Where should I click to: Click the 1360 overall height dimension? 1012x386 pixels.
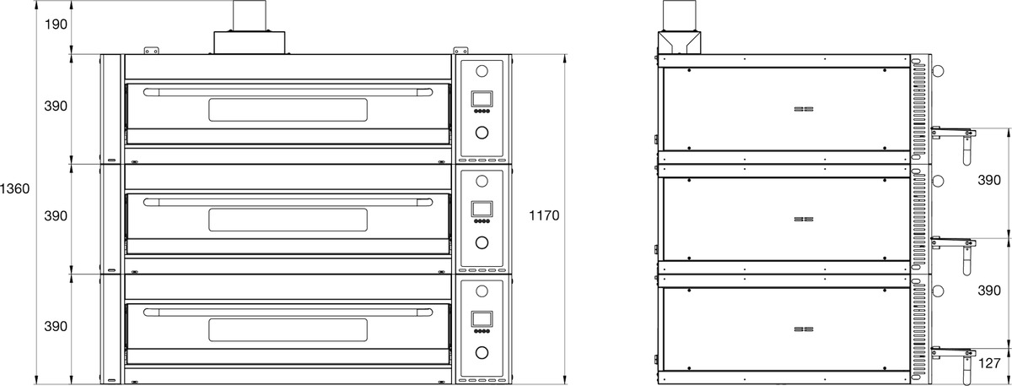pos(14,188)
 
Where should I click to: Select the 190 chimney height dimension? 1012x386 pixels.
pos(56,24)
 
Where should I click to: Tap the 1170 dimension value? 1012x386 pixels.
pos(544,215)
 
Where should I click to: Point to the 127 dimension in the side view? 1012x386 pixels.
pos(989,363)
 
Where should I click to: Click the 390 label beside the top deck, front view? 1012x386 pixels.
pos(56,106)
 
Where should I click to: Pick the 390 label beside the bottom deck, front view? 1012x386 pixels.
pos(56,326)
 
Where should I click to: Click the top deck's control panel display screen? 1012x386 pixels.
pos(482,99)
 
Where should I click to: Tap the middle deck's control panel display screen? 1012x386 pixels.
pos(482,209)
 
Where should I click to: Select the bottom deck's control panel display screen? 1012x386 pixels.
pos(482,319)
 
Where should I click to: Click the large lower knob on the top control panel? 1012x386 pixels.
pos(482,132)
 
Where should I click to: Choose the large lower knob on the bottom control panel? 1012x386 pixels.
pos(482,352)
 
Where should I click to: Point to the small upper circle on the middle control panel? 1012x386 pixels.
pos(482,181)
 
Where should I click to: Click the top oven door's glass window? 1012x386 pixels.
pos(288,110)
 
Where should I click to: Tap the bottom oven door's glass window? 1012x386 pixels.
pos(288,330)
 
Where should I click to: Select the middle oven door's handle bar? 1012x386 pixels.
pos(288,202)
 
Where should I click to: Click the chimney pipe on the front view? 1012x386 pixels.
pos(250,16)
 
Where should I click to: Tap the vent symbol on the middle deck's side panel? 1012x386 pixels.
pos(804,219)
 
